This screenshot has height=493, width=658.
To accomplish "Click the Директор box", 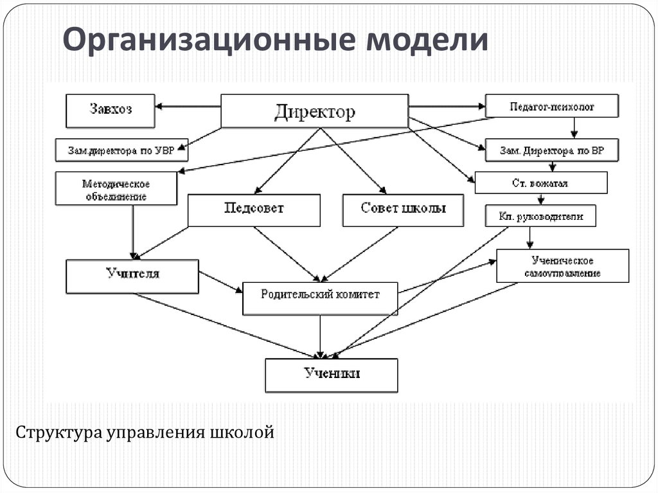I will point(314,111).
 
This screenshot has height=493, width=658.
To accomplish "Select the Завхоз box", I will point(110,110).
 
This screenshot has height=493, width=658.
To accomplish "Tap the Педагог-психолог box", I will point(552,106).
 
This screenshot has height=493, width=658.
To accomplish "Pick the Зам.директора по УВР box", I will point(121,150).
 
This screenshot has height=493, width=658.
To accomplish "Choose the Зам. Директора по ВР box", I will point(551,151).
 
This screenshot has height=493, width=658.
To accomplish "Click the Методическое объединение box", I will point(116,189).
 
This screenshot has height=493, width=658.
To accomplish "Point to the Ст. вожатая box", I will point(541,183).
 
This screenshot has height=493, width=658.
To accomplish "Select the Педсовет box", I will point(254,210).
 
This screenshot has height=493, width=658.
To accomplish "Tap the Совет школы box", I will point(403,210).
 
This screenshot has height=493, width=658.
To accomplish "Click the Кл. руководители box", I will point(540,217).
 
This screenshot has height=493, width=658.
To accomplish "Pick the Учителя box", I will point(132,274).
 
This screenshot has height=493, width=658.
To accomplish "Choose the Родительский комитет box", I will point(320,298).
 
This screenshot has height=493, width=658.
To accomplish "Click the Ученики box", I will point(332,375).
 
